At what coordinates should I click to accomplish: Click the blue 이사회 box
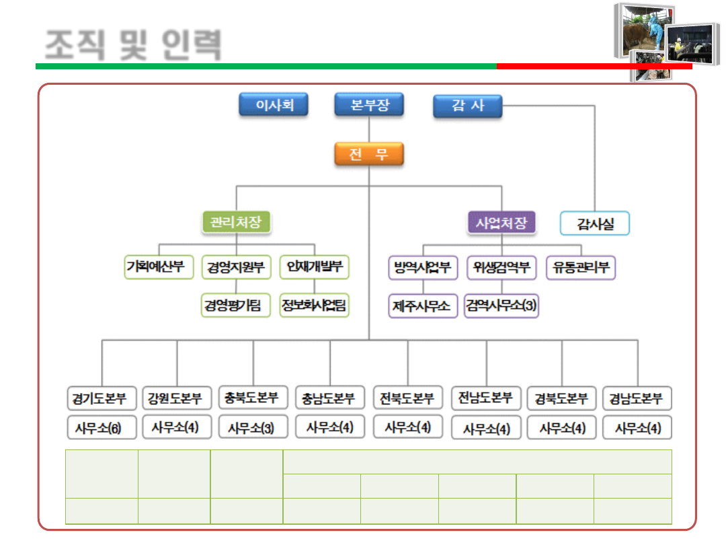tap(274, 106)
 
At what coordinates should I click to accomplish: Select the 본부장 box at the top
tap(369, 106)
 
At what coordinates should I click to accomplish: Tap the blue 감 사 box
tap(467, 106)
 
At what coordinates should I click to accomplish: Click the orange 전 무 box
tap(369, 155)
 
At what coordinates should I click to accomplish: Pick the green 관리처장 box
tap(236, 222)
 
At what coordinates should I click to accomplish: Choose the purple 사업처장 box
tap(501, 223)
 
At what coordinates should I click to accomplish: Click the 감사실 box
tap(595, 223)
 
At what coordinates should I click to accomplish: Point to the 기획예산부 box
tap(159, 267)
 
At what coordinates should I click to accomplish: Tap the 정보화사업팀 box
tap(315, 305)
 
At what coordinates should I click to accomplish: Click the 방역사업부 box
tap(423, 267)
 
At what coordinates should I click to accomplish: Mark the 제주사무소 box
tap(423, 306)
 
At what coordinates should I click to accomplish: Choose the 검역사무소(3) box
tap(501, 306)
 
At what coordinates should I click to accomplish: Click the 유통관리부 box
tap(581, 267)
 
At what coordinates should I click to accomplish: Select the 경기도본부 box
tap(102, 398)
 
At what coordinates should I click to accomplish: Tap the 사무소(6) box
tap(102, 428)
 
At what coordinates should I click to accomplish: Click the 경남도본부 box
tap(637, 398)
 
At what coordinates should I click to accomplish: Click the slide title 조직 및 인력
tap(132, 44)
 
